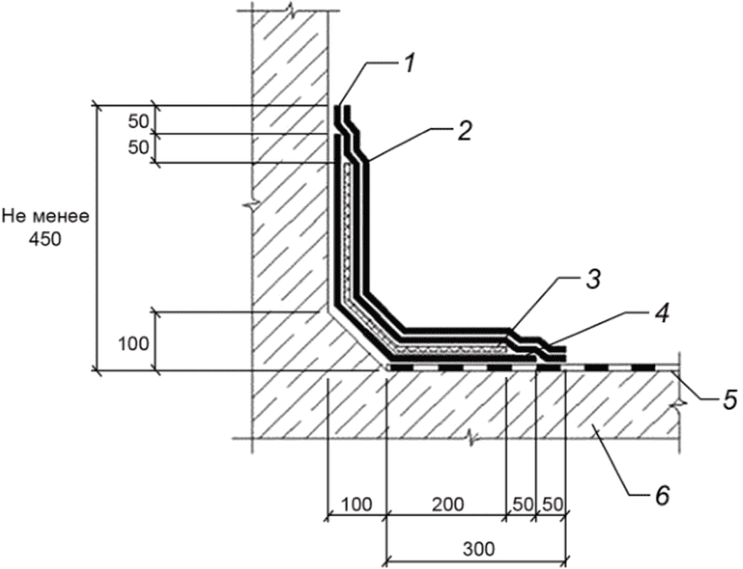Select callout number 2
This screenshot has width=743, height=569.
click(465, 131)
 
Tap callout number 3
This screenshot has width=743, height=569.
click(593, 280)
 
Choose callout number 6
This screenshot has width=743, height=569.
click(662, 495)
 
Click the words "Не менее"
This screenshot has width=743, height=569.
click(46, 217)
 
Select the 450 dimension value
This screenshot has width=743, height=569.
click(45, 240)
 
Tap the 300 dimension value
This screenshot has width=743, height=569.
click(478, 549)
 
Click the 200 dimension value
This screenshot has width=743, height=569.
click(449, 504)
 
